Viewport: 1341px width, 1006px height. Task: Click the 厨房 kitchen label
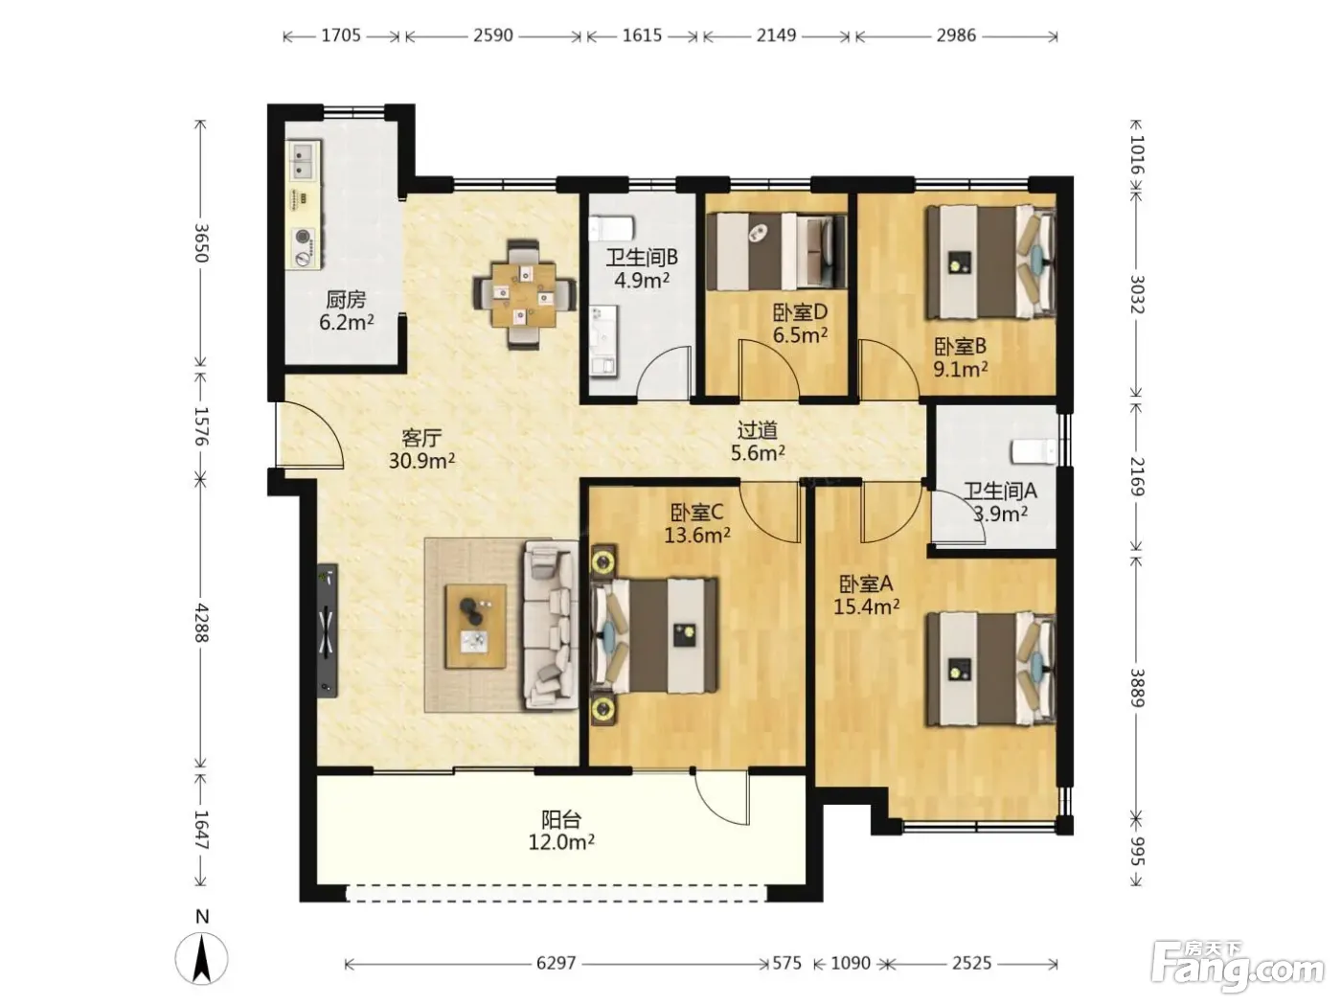click(346, 299)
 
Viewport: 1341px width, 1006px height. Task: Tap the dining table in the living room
click(524, 294)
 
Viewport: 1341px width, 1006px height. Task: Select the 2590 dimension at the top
click(493, 35)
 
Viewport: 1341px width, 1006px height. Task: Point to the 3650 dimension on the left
click(201, 242)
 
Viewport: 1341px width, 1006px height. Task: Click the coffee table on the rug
click(475, 626)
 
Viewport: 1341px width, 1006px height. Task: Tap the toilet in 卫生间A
click(1034, 452)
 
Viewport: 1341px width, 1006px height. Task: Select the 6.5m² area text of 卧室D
click(800, 334)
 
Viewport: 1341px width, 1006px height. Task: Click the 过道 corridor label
click(757, 430)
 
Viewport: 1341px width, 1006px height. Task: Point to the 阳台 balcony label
click(561, 818)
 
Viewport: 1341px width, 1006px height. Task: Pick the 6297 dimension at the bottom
click(556, 963)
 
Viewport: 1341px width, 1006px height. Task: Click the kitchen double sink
click(304, 160)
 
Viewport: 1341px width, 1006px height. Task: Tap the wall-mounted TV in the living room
click(328, 629)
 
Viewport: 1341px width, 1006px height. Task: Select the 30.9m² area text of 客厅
click(421, 461)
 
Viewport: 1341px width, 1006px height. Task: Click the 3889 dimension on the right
click(1136, 688)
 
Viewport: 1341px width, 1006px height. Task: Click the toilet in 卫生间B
click(611, 228)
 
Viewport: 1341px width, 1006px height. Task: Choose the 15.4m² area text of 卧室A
click(866, 606)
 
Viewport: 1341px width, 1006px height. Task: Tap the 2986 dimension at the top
click(956, 35)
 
